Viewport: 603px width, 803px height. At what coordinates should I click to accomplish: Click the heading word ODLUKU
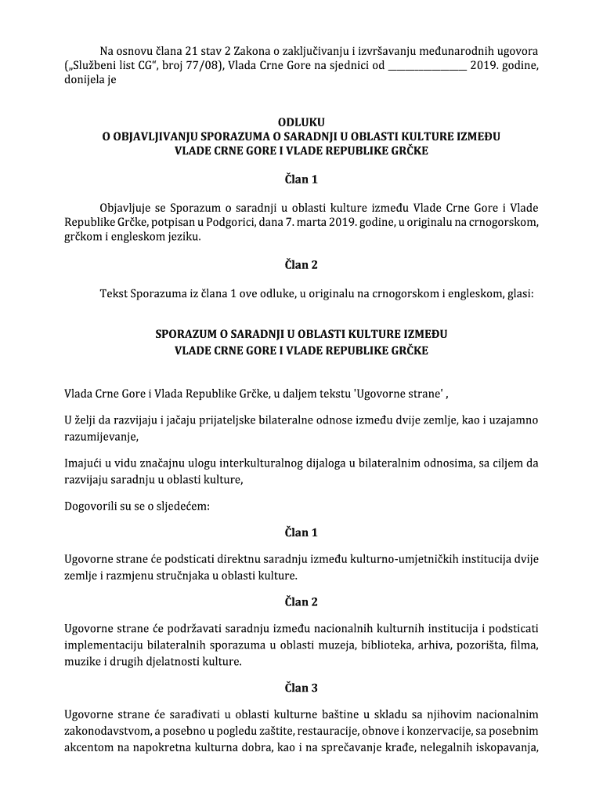click(x=301, y=122)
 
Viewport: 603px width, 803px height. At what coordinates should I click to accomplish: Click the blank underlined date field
click(x=428, y=65)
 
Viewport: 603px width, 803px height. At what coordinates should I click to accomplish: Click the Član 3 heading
click(x=301, y=689)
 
